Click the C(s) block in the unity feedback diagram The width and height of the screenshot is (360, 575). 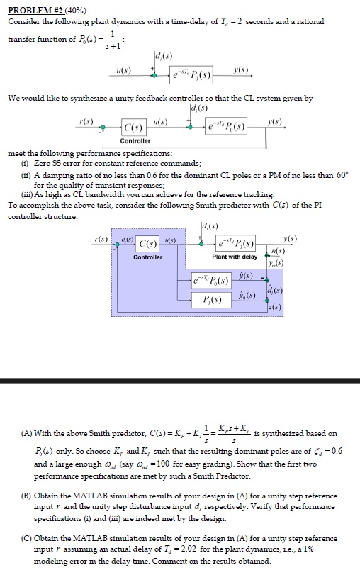point(134,128)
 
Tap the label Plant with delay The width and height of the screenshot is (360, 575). point(234,257)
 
